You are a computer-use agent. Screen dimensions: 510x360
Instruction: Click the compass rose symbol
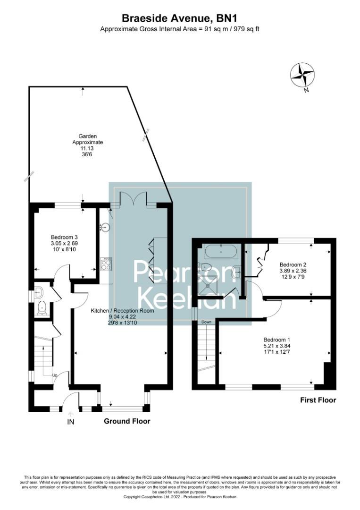[x=302, y=75]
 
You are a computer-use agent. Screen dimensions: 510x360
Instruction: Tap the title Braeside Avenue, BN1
[x=180, y=18]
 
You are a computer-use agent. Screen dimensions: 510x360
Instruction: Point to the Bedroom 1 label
[x=276, y=346]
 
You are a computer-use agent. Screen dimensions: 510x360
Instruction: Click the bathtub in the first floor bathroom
[x=221, y=252]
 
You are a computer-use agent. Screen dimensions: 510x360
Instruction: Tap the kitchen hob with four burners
[x=106, y=263]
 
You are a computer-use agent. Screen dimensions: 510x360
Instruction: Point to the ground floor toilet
[x=41, y=307]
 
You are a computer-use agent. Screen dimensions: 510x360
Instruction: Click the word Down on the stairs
[x=206, y=322]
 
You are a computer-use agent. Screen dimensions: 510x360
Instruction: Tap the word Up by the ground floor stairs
[x=55, y=375]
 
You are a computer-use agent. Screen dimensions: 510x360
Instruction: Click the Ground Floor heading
[x=127, y=421]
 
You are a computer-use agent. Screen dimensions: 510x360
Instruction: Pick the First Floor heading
[x=318, y=400]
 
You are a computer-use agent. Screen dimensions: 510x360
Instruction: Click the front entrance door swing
[x=71, y=400]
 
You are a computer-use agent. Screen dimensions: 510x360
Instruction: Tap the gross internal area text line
[x=180, y=29]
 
